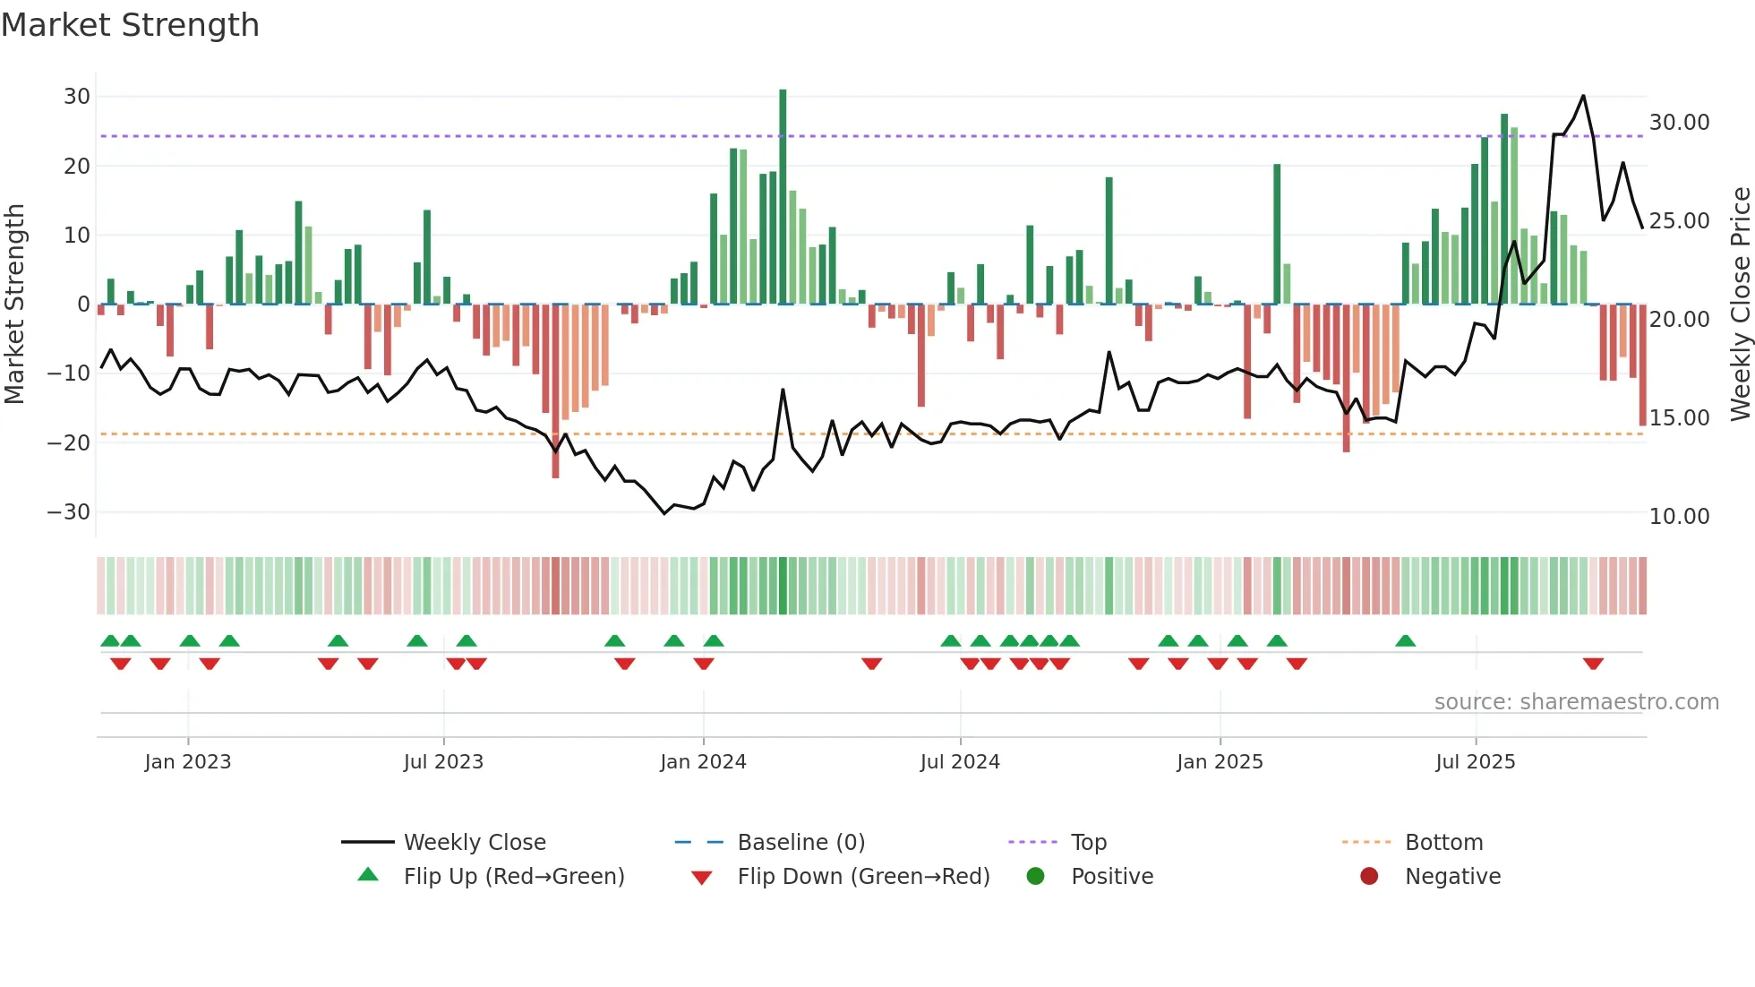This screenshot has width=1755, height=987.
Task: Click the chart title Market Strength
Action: [130, 25]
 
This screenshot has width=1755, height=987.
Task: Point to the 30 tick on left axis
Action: [77, 97]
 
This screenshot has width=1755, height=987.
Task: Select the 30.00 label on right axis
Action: [1679, 123]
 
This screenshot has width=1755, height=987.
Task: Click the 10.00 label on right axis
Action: [1679, 517]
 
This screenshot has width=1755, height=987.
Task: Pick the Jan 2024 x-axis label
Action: [703, 762]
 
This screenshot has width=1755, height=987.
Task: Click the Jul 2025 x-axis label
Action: [1475, 762]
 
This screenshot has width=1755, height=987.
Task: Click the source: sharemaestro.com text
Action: [1576, 702]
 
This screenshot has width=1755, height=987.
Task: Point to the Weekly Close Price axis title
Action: [1740, 305]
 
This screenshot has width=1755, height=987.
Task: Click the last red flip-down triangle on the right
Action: [1593, 664]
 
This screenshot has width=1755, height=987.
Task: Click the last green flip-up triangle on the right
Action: [1406, 641]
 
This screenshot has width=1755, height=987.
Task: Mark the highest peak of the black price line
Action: [1583, 96]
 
